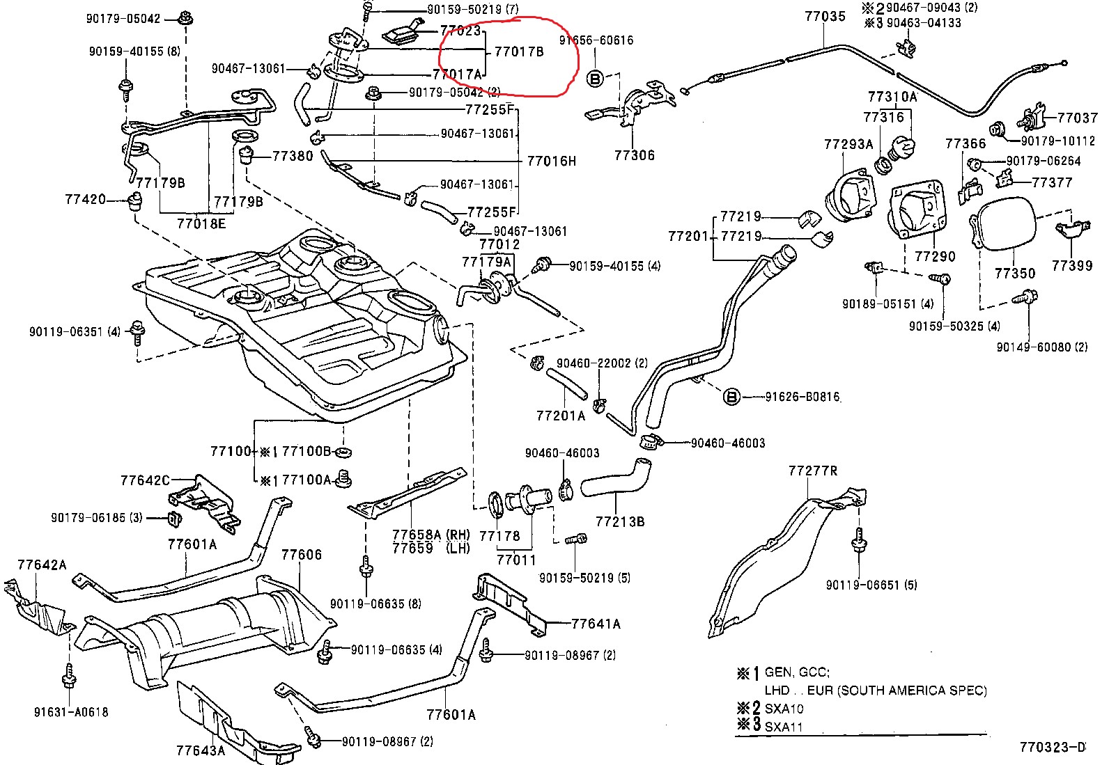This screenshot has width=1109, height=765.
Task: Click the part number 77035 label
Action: pyautogui.click(x=825, y=16)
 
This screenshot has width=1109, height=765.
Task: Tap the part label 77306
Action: pyautogui.click(x=634, y=155)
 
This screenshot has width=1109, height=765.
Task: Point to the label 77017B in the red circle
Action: pyautogui.click(x=518, y=52)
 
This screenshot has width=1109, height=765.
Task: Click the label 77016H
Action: pyautogui.click(x=551, y=161)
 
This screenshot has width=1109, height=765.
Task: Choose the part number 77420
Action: pyautogui.click(x=85, y=199)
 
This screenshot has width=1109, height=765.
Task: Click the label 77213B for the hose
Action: pyautogui.click(x=619, y=521)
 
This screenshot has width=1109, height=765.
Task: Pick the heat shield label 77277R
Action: pyautogui.click(x=812, y=471)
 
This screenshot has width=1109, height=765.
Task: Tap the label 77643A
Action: pyautogui.click(x=201, y=750)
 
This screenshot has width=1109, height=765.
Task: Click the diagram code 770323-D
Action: pyautogui.click(x=1052, y=748)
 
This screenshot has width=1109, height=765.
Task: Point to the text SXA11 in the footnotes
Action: pyautogui.click(x=783, y=727)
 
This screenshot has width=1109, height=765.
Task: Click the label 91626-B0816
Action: pyautogui.click(x=802, y=397)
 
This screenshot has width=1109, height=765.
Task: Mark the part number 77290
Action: pyautogui.click(x=934, y=256)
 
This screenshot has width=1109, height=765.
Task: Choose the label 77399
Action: pyautogui.click(x=1071, y=265)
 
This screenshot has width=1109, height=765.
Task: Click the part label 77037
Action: pyautogui.click(x=1077, y=118)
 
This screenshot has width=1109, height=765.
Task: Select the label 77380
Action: pyautogui.click(x=293, y=156)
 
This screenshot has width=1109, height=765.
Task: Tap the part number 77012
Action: pyautogui.click(x=499, y=244)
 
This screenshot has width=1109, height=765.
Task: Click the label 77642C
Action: pyautogui.click(x=145, y=480)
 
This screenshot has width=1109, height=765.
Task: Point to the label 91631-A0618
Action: pyautogui.click(x=71, y=712)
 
